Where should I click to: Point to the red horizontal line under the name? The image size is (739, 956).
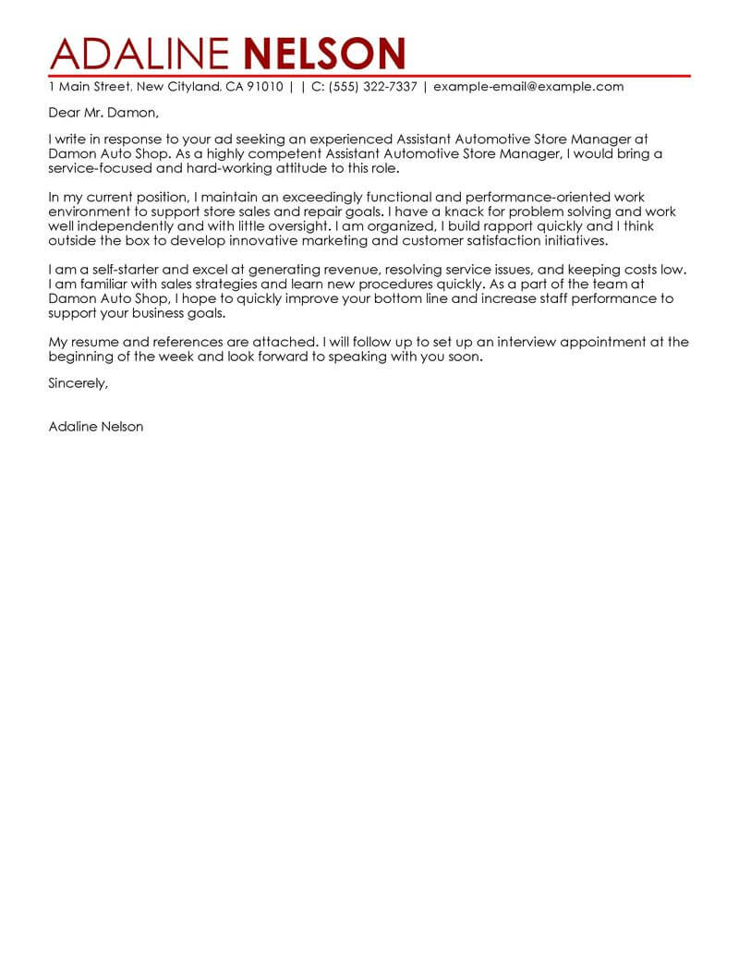[369, 74]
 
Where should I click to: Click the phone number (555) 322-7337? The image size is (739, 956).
[376, 87]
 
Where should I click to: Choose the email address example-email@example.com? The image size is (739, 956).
[528, 87]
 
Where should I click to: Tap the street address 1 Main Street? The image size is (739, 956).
[90, 87]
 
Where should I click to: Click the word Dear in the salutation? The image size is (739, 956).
[64, 114]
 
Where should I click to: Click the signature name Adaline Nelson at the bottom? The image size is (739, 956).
[96, 428]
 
